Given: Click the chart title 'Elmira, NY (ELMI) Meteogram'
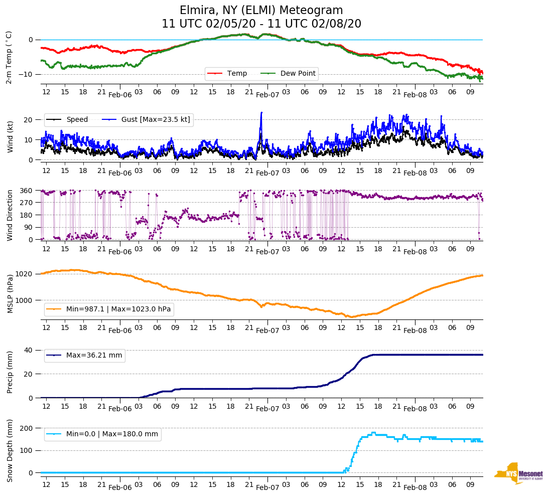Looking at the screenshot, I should click(x=261, y=11).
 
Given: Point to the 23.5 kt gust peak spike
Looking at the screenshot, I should click(x=261, y=113).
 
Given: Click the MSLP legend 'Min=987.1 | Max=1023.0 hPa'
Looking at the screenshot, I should click(x=118, y=309).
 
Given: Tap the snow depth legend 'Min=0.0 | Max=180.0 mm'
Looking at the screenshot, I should click(x=112, y=434).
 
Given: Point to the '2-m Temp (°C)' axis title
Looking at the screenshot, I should click(x=9, y=57).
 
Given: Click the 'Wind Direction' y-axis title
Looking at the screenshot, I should click(x=10, y=215).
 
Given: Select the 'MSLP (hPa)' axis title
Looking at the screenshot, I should click(x=10, y=293).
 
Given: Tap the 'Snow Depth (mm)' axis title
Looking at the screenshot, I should click(x=10, y=450).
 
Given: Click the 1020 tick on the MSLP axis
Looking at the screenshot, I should click(x=25, y=274).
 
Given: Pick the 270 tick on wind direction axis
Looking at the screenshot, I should click(x=27, y=203).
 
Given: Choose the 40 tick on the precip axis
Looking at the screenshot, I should click(x=29, y=350).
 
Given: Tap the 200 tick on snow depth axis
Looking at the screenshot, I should click(x=27, y=428).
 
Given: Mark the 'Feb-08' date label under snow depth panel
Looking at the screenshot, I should click(x=415, y=487).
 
